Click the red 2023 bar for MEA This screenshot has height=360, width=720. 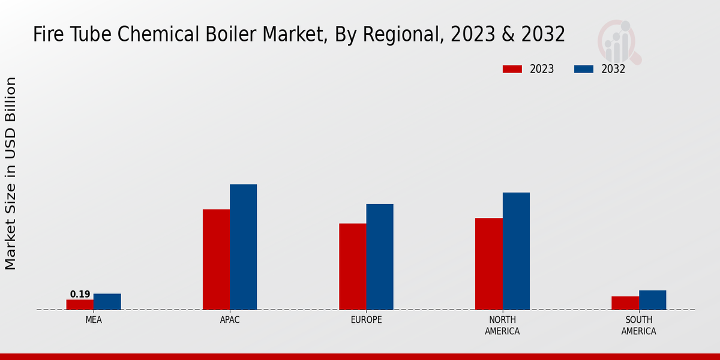click(x=80, y=304)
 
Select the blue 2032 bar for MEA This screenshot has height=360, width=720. click(x=107, y=301)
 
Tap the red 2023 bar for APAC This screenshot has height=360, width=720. click(x=216, y=259)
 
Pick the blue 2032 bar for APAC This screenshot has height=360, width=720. click(x=243, y=247)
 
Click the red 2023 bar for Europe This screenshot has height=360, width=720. click(x=352, y=266)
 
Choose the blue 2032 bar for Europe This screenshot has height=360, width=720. click(x=380, y=257)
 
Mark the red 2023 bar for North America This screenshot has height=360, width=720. click(x=488, y=263)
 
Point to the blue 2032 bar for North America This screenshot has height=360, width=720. click(x=516, y=251)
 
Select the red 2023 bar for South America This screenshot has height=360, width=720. click(x=625, y=303)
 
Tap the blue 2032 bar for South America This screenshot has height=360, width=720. click(x=652, y=300)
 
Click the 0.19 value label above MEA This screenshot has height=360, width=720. click(x=80, y=294)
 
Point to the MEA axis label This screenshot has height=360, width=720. click(x=94, y=320)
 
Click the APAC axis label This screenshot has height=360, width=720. click(x=230, y=320)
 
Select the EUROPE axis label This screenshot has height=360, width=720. click(x=366, y=320)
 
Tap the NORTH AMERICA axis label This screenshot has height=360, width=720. click(x=502, y=325)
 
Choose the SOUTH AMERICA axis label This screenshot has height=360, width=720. click(x=638, y=325)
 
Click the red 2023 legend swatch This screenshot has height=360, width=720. click(x=512, y=69)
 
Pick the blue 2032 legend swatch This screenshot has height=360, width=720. click(x=583, y=69)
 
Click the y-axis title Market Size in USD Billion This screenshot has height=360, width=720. click(x=11, y=173)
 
